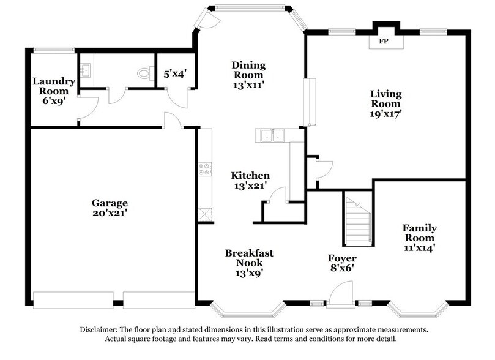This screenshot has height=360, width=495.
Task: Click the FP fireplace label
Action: tap(384, 41)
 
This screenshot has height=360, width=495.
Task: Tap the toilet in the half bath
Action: tap(145, 73)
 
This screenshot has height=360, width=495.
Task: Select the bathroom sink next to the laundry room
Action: tap(85, 70)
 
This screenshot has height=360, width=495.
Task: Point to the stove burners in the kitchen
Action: tap(205, 168)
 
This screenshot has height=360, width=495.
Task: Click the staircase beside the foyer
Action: tap(359, 220)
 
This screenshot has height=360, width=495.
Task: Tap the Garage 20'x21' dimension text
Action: tap(110, 213)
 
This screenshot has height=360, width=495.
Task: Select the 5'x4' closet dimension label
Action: tap(175, 74)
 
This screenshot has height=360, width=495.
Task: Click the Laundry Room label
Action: tap(54, 86)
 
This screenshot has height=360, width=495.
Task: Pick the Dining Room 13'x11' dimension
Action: tap(249, 85)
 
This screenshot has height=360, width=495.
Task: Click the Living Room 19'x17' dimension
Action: tap(385, 113)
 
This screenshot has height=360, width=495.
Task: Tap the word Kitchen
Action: tap(250, 175)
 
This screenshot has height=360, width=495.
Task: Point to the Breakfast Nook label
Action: tap(249, 258)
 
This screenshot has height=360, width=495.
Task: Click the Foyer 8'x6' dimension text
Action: tap(342, 268)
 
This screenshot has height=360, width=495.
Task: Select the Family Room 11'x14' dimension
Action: tap(420, 247)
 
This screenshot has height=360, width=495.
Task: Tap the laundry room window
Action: tap(54, 50)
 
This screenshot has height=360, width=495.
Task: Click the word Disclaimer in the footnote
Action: tap(99, 329)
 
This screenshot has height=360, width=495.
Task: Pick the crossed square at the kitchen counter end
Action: tap(205, 215)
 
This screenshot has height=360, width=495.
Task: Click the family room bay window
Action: tap(418, 310)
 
